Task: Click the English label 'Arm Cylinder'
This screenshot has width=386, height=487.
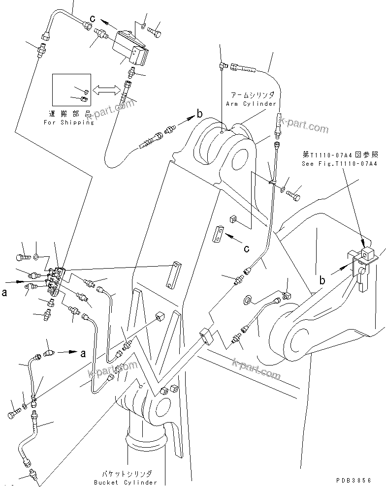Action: coord(251,104)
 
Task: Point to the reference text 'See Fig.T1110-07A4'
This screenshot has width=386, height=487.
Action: coord(339,163)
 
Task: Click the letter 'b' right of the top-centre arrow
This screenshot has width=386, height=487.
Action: coord(199,115)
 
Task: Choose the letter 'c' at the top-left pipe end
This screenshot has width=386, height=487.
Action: coord(92,19)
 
